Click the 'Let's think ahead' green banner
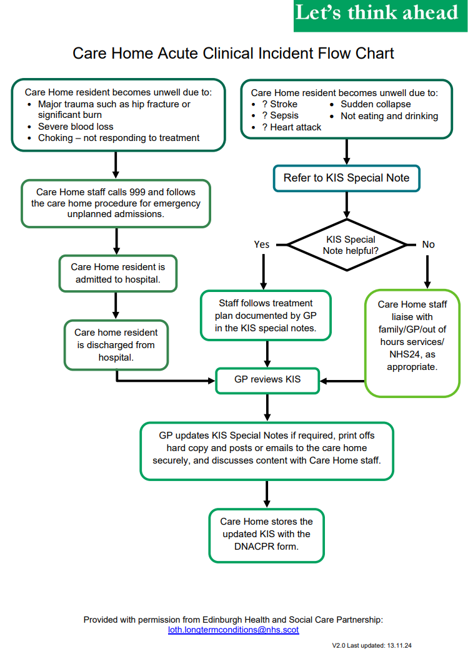(380, 15)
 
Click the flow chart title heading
(233, 53)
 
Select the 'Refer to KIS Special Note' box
(346, 178)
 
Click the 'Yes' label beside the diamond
(262, 245)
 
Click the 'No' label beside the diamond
(428, 245)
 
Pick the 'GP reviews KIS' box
(267, 379)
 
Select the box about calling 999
(116, 203)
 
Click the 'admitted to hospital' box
(117, 273)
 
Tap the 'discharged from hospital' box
(117, 345)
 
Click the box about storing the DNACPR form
(267, 534)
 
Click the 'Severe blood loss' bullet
(76, 127)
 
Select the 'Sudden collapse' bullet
(376, 104)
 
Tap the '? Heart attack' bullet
(291, 127)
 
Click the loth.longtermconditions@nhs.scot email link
(233, 630)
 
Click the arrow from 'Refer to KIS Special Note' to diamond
(346, 205)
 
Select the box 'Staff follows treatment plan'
(267, 316)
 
